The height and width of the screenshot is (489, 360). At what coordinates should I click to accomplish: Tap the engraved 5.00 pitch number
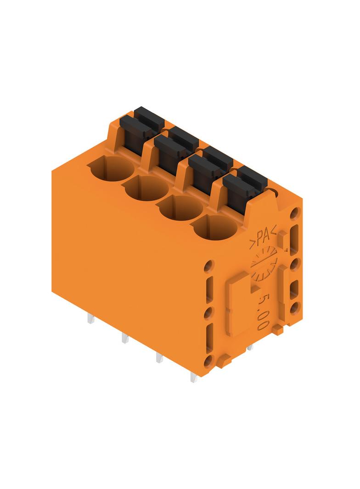click(262, 312)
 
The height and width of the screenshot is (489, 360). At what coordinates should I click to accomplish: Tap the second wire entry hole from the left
click(146, 188)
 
